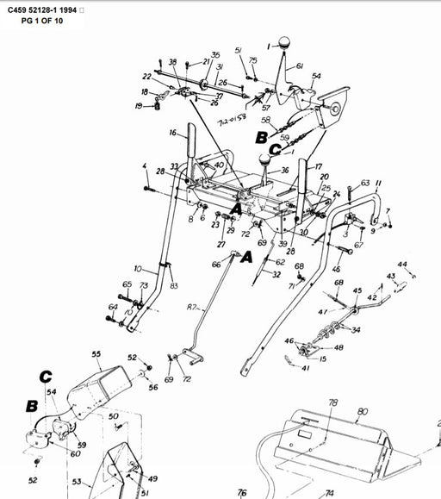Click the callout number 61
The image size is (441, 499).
click(300, 66)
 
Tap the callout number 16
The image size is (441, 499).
click(172, 133)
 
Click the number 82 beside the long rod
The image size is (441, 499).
click(190, 308)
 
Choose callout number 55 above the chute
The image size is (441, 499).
click(96, 354)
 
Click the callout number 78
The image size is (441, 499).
click(333, 402)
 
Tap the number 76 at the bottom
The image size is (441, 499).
click(242, 492)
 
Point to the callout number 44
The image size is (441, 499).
click(402, 264)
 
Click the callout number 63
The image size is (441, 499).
click(364, 183)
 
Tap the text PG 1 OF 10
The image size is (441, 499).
click(37, 20)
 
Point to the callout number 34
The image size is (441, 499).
click(355, 329)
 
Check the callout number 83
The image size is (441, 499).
click(174, 286)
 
